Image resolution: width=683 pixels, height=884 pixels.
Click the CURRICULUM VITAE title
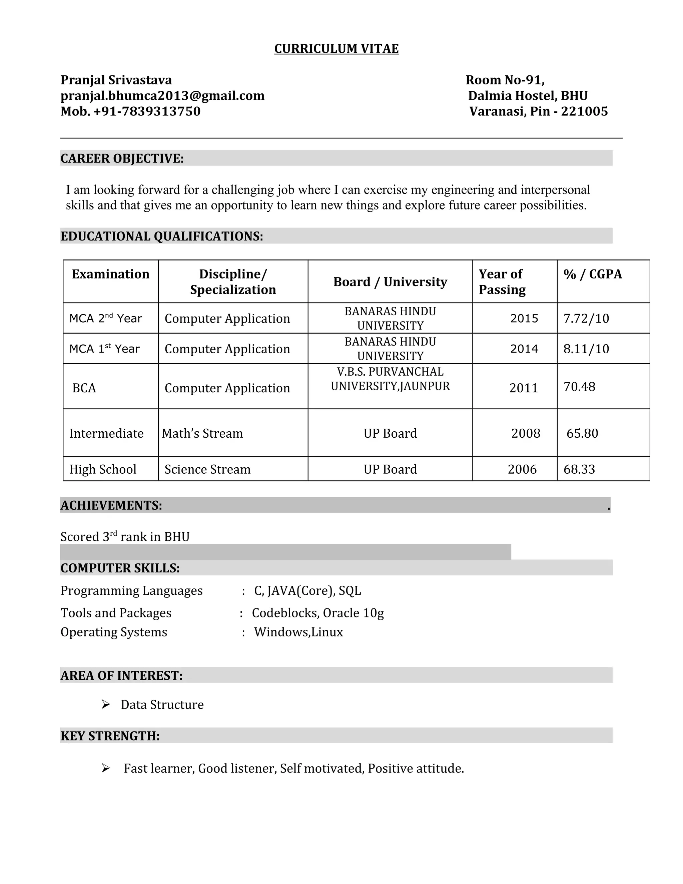pyautogui.click(x=336, y=49)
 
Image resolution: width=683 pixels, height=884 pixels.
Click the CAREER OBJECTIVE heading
pyautogui.click(x=122, y=158)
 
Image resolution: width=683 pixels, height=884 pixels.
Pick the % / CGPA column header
pyautogui.click(x=592, y=274)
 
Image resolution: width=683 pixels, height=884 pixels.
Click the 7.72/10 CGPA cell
pyautogui.click(x=586, y=319)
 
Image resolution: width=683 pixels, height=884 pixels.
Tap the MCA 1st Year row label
pyautogui.click(x=104, y=349)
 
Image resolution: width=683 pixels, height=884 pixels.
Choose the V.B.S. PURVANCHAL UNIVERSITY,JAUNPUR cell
pyautogui.click(x=390, y=379)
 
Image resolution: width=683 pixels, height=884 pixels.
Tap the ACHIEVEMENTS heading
pyautogui.click(x=111, y=505)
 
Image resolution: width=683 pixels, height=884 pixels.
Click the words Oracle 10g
pyautogui.click(x=353, y=613)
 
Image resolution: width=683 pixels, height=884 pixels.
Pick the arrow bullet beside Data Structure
pyautogui.click(x=106, y=705)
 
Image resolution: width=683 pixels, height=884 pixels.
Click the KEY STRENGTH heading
pyautogui.click(x=110, y=736)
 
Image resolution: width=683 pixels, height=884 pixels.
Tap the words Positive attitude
pyautogui.click(x=416, y=768)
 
